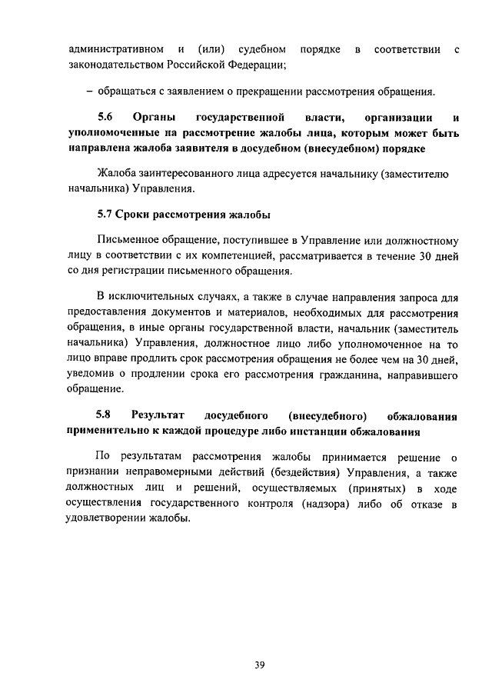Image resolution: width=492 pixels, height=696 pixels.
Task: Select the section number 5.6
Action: click(105, 118)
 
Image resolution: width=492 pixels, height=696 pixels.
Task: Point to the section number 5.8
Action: click(105, 416)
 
